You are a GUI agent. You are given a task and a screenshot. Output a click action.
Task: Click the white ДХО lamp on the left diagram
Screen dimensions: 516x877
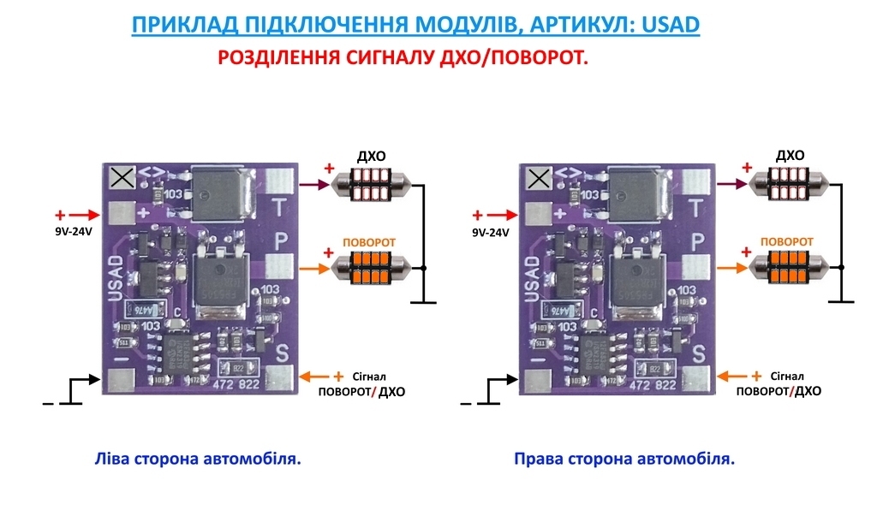tap(372, 183)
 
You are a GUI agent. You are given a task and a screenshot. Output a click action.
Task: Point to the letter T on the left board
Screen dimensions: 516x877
tap(279, 206)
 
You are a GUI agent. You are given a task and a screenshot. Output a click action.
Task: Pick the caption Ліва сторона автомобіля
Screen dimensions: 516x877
tap(197, 460)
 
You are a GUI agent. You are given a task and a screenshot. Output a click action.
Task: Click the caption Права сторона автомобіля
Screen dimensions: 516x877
tap(624, 460)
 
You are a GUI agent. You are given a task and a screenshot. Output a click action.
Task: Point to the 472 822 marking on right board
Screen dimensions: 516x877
tap(651, 385)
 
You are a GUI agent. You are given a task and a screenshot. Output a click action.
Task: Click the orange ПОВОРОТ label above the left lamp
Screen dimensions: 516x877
tap(369, 243)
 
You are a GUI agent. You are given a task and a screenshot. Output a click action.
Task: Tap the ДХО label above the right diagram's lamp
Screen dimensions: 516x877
tap(790, 156)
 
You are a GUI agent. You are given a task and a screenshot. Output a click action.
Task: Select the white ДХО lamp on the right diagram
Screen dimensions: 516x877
tap(790, 183)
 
